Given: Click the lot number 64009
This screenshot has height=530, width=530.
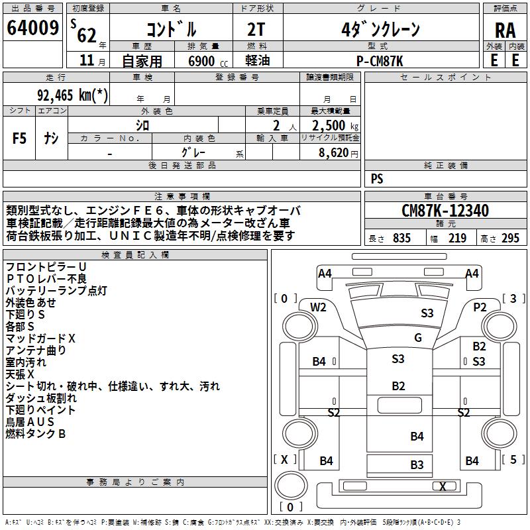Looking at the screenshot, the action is (x=32, y=28).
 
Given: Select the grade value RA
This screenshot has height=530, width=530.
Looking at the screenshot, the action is (x=505, y=30).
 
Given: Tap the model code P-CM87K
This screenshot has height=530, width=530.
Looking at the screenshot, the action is (x=380, y=61).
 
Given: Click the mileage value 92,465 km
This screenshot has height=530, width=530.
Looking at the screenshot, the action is (x=72, y=95).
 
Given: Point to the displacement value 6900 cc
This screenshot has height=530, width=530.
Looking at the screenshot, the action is (x=208, y=61).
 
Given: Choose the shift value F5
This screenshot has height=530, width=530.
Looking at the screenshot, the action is (x=19, y=138).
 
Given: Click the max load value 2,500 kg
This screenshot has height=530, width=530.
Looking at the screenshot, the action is (x=335, y=126).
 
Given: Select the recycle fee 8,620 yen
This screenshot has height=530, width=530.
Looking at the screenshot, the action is (x=338, y=153).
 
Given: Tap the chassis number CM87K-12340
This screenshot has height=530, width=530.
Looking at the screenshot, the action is (x=445, y=211).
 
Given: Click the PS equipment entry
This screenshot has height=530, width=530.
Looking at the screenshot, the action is (x=377, y=179).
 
